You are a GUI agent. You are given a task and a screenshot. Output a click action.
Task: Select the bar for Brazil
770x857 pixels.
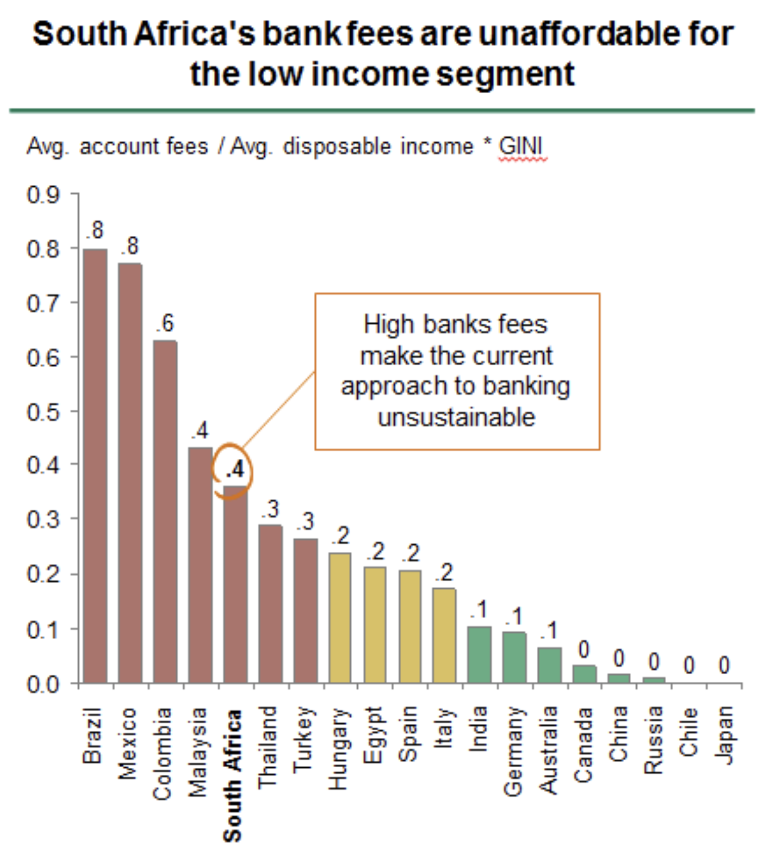click(x=95, y=465)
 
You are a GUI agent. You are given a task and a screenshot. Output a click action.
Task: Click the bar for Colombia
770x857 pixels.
click(x=165, y=511)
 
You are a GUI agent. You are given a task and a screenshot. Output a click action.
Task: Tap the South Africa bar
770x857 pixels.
click(x=235, y=585)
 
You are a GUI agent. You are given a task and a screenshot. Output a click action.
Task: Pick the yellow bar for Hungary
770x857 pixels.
click(x=340, y=617)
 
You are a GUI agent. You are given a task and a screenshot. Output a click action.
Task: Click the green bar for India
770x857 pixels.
click(x=479, y=654)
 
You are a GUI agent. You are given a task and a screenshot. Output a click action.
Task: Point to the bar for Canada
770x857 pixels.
click(x=584, y=673)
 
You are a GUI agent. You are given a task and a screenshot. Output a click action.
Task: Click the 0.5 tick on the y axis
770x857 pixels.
click(x=43, y=412)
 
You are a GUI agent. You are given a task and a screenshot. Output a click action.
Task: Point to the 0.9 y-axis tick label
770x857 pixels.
click(x=43, y=194)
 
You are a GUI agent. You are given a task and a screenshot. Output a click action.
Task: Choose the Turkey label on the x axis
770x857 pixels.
click(x=304, y=739)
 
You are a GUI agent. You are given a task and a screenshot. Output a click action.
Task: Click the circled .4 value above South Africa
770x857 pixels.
click(x=234, y=469)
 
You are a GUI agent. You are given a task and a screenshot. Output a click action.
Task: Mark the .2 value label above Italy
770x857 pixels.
click(x=444, y=573)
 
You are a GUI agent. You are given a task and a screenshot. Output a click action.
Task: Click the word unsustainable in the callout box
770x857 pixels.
click(x=457, y=418)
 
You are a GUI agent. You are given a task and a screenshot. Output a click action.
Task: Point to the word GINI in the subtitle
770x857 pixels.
click(x=521, y=147)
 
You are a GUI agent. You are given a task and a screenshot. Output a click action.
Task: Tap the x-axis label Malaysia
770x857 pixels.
click(x=198, y=751)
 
